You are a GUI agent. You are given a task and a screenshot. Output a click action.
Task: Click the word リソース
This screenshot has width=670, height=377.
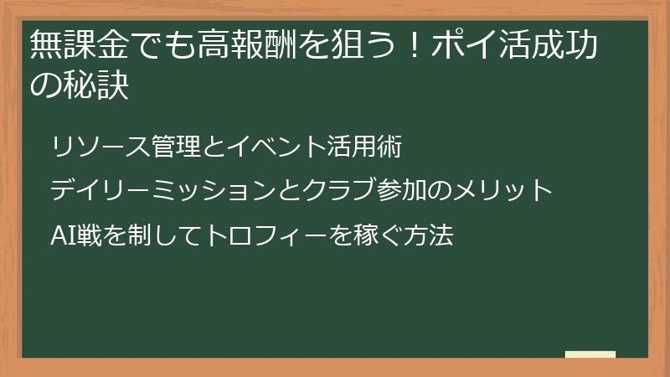pyautogui.click(x=99, y=147)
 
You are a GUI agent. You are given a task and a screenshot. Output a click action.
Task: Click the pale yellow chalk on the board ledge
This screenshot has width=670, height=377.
pyautogui.click(x=590, y=354)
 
